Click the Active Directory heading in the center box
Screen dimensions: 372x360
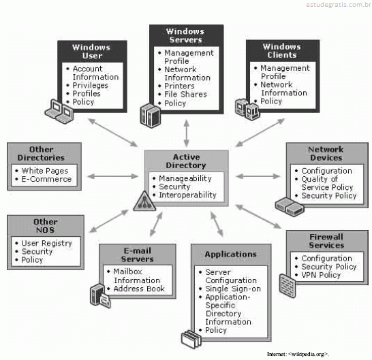pos(186,161)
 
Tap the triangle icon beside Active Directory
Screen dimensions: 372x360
pos(144,201)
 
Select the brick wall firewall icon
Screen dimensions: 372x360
pos(288,285)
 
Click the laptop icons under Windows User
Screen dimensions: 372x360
pos(59,111)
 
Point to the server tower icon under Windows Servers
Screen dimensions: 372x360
pos(150,115)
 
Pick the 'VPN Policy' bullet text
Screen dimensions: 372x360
pos(321,275)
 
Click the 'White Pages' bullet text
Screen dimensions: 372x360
pos(45,171)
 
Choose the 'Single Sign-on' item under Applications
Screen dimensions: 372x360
pos(233,289)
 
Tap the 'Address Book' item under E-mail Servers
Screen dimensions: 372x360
pos(139,289)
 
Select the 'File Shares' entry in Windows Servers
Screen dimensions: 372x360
pos(186,94)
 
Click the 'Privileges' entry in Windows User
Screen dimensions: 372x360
pos(91,85)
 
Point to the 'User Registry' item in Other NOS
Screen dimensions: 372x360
pos(47,243)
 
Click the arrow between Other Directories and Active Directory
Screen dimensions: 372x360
pos(112,176)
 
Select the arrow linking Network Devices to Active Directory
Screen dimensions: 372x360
pos(258,176)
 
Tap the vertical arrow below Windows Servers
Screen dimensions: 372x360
pos(187,133)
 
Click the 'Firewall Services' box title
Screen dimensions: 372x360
pos(326,241)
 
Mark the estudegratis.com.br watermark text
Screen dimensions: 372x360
pos(339,5)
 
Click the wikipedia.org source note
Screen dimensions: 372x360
pos(298,354)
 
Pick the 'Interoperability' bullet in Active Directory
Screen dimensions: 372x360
pos(187,195)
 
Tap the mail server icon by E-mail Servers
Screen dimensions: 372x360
pos(100,295)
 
